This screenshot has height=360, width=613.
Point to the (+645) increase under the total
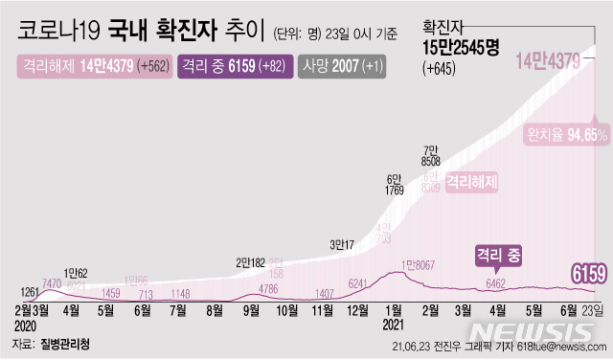440,68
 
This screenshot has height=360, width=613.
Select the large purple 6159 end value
587,276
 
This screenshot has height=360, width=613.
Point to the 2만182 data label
252,261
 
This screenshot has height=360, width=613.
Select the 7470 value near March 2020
52,284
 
